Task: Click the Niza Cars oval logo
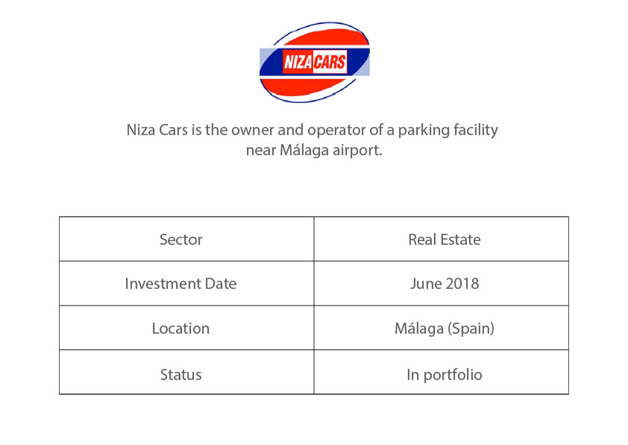point(315,62)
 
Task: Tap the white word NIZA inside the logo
point(298,62)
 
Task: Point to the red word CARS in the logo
point(329,62)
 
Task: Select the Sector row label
point(181,240)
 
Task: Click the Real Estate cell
point(445,240)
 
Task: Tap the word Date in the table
point(221,284)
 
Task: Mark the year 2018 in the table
point(462,284)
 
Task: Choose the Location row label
point(180,329)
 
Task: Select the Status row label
point(181,375)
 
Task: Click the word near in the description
point(261,151)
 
